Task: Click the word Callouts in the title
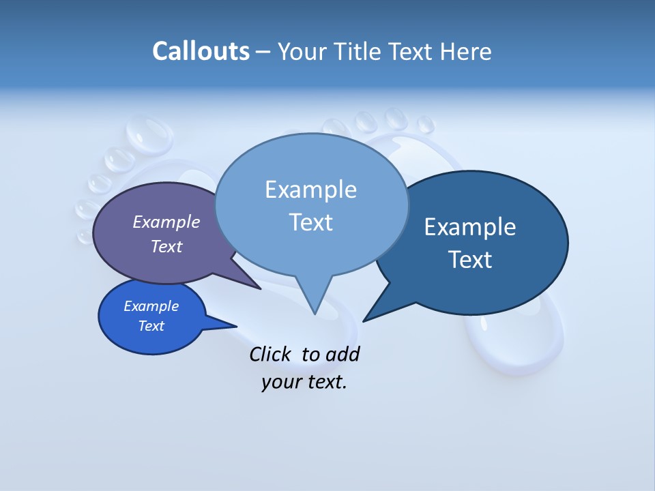tap(201, 51)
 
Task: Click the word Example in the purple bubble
tap(166, 222)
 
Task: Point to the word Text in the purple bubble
tap(166, 246)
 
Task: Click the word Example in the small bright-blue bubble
tap(151, 306)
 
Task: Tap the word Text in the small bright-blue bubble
tap(151, 326)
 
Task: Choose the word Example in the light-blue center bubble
tap(310, 190)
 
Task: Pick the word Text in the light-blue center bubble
tap(310, 222)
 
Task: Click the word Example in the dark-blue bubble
tap(470, 227)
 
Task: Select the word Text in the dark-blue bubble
tap(470, 260)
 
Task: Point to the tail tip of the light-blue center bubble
tap(315, 314)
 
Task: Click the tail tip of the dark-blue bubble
tap(363, 321)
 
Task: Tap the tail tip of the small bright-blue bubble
tap(236, 327)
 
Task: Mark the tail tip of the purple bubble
tap(261, 289)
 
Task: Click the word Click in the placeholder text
tap(270, 354)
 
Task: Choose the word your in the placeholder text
tap(281, 382)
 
